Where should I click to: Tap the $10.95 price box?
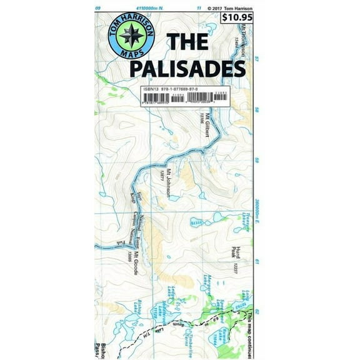tap(237, 17)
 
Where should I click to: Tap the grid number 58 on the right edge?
tap(256, 111)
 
